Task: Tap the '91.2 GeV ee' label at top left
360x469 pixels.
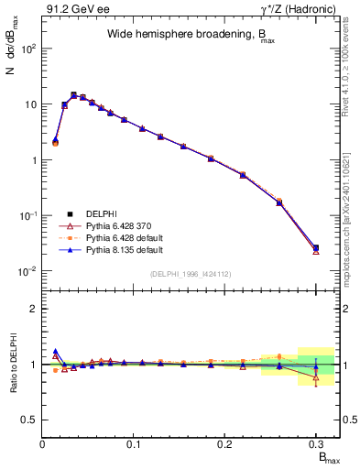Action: [71, 9]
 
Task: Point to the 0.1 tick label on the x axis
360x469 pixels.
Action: [134, 445]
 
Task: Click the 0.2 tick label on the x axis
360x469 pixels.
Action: [224, 445]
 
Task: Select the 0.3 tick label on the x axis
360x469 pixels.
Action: [315, 445]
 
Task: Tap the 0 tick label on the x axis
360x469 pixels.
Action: [43, 445]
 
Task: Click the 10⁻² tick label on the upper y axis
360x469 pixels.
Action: [27, 271]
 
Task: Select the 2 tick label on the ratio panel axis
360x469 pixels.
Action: [33, 309]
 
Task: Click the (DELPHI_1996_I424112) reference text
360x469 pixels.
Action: [190, 274]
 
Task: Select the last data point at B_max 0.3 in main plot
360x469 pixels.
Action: [315, 247]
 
